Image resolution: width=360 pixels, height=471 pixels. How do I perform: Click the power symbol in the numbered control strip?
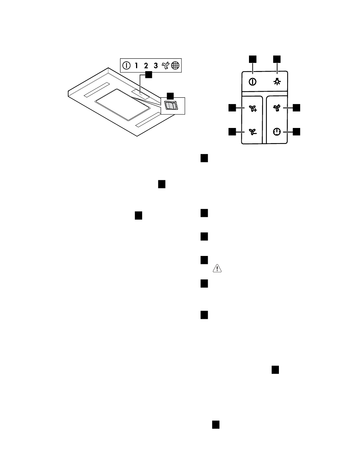(126, 65)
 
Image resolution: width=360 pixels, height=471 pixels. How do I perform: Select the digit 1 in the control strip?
(136, 65)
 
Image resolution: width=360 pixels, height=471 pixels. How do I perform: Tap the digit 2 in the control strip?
(146, 65)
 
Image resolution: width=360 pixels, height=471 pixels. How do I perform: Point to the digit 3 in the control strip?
(156, 65)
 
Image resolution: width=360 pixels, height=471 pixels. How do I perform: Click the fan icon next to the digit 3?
(166, 65)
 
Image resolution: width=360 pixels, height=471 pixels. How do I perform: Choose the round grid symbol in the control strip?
(175, 65)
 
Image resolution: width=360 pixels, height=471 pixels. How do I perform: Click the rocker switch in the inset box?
(171, 105)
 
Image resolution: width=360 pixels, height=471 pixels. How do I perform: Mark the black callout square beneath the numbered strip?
(149, 75)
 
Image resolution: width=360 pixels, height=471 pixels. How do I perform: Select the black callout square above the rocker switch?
(170, 96)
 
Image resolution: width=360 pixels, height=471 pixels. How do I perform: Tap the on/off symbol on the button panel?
(252, 82)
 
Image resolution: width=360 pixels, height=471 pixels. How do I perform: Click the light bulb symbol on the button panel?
(277, 81)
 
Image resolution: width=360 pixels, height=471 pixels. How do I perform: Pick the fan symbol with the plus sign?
(253, 108)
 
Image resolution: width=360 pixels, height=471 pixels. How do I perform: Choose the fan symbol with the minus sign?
(253, 131)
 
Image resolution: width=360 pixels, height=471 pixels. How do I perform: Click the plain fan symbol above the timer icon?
(277, 108)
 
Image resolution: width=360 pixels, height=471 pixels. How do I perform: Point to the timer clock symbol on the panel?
(277, 131)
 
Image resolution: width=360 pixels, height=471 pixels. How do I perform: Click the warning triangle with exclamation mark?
(217, 268)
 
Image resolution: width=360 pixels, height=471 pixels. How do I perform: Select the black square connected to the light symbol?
(277, 59)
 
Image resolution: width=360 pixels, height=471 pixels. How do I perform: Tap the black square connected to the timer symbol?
(296, 131)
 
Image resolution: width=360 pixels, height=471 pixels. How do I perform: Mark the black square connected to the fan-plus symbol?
(232, 108)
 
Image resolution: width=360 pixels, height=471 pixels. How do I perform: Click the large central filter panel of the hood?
(122, 105)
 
